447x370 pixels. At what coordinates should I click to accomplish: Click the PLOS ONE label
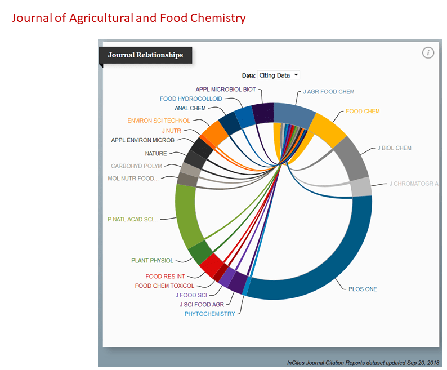point(363,289)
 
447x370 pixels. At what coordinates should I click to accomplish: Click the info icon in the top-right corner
point(428,53)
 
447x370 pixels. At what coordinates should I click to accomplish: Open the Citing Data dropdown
point(278,75)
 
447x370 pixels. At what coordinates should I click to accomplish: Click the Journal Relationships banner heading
point(145,55)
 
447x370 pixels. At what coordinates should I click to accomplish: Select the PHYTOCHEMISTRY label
point(210,314)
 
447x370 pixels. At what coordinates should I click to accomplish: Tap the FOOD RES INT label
point(165,277)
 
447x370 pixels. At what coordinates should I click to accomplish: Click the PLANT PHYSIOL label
point(153,261)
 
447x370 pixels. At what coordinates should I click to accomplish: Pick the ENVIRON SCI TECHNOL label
point(159,120)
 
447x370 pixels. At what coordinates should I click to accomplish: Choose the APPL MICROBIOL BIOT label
point(226,89)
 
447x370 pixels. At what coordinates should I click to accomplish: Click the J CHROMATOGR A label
point(414,184)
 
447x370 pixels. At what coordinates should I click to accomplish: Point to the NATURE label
point(156,153)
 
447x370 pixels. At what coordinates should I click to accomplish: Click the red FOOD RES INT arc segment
point(209,265)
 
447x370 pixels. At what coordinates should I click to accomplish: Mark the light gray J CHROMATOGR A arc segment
point(361,187)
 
